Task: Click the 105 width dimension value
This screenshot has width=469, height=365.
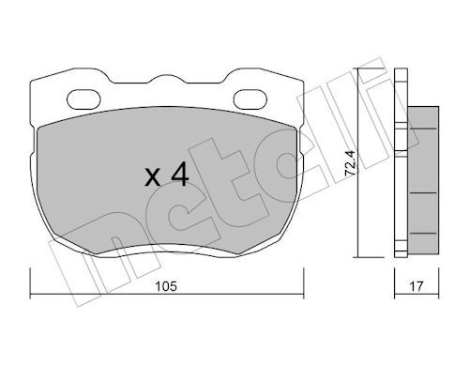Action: pyautogui.click(x=166, y=286)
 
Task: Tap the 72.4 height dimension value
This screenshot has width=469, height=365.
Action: pyautogui.click(x=350, y=162)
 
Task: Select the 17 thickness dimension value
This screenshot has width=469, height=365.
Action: pyautogui.click(x=416, y=286)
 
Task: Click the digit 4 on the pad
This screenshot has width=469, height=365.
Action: pyautogui.click(x=180, y=175)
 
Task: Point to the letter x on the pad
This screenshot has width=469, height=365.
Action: pyautogui.click(x=153, y=177)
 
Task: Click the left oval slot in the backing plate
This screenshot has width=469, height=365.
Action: pyautogui.click(x=83, y=99)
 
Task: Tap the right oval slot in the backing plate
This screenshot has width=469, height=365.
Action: pyautogui.click(x=250, y=99)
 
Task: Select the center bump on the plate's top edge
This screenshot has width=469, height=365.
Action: pyautogui.click(x=167, y=78)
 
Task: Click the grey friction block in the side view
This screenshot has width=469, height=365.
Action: pyautogui.click(x=423, y=180)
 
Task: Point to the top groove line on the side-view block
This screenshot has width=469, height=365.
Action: pyautogui.click(x=423, y=129)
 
